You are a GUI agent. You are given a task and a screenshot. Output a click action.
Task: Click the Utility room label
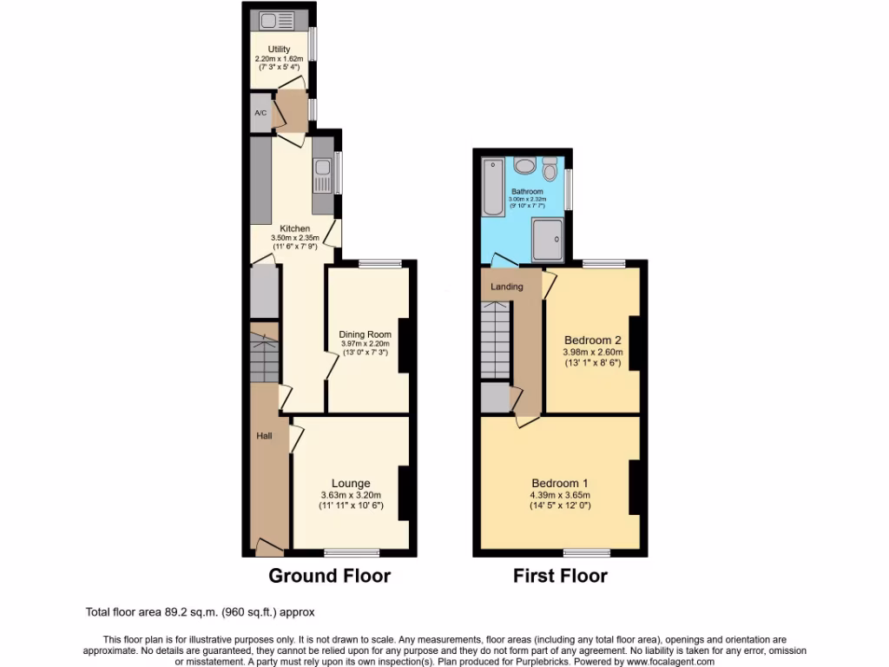279,50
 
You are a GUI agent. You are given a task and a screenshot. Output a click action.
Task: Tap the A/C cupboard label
260,114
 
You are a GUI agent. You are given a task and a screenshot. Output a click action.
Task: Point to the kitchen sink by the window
322,177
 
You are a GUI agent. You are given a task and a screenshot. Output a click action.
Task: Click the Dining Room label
365,333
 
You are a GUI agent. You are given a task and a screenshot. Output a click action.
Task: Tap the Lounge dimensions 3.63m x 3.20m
351,496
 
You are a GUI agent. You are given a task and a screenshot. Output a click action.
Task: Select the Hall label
263,435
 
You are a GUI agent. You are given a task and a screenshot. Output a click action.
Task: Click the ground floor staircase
263,355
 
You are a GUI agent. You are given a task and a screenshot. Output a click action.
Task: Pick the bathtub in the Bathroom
492,188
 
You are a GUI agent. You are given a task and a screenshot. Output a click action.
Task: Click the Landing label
507,287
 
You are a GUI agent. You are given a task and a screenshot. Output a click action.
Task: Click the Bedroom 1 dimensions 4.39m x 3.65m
560,496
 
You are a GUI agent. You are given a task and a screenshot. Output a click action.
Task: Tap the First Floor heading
560,575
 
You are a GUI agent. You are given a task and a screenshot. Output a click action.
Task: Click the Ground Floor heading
329,575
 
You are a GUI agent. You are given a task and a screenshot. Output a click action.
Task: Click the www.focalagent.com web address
666,661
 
